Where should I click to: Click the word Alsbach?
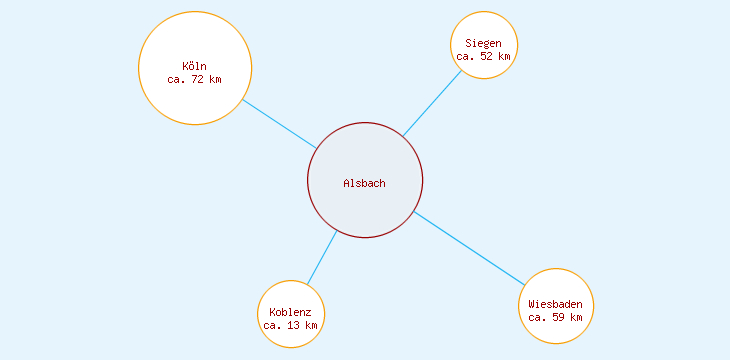point(364,183)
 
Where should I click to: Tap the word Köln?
point(195,66)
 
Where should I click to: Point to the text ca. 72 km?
point(195,79)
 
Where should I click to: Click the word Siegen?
point(484,44)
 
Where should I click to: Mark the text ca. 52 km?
point(484,57)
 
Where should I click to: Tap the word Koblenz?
point(291,312)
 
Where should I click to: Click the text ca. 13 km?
point(291,325)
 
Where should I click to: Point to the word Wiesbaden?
point(556,303)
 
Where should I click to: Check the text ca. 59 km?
point(556,316)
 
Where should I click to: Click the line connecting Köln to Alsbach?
point(279,124)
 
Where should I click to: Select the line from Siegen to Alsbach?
point(432,103)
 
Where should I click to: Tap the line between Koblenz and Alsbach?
point(322,258)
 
